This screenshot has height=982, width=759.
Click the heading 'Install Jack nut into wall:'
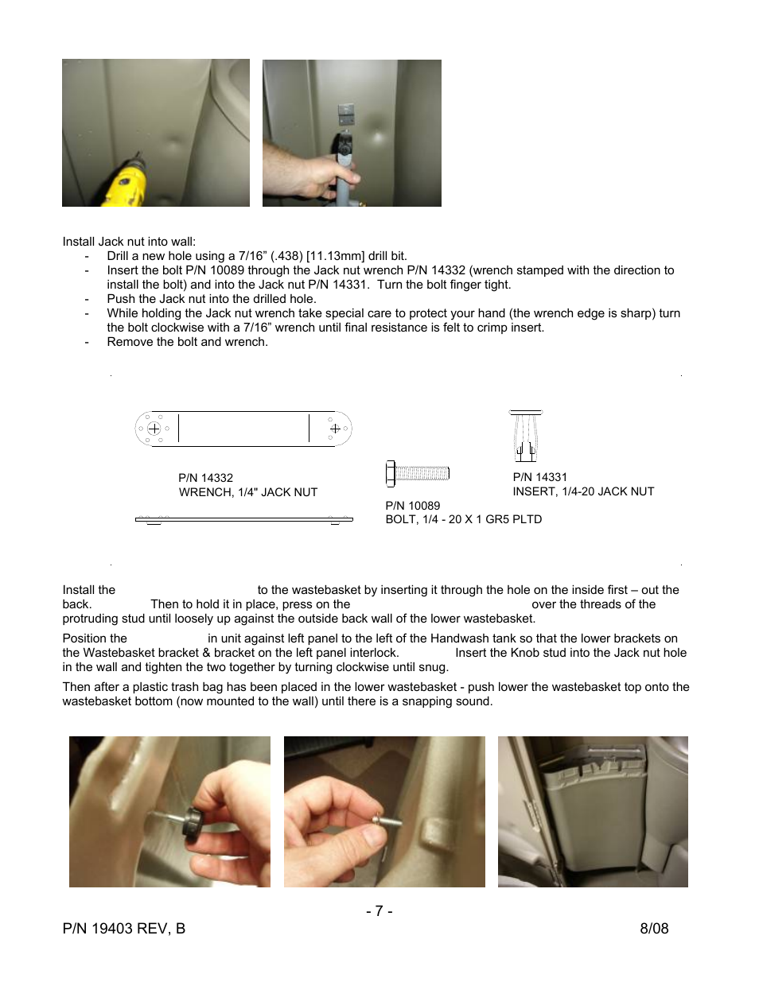[x=129, y=242]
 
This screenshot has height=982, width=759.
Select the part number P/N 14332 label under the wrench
[x=205, y=478]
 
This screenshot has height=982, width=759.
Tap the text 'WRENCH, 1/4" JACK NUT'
[x=247, y=492]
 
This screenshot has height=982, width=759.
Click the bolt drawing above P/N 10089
[x=418, y=474]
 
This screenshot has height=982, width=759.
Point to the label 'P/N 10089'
[x=412, y=506]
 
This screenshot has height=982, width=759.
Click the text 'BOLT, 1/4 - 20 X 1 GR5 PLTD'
[x=463, y=519]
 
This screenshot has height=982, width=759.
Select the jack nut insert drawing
[x=525, y=436]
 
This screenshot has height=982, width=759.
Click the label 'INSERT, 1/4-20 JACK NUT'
[x=583, y=491]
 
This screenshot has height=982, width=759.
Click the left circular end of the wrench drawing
[x=154, y=429]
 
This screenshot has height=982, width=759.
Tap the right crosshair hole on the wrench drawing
[x=335, y=429]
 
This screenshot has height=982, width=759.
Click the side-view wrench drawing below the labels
[x=243, y=520]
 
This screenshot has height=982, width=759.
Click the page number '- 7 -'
[x=379, y=911]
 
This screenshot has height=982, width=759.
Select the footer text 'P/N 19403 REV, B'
[x=123, y=929]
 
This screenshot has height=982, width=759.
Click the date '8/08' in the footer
[x=654, y=929]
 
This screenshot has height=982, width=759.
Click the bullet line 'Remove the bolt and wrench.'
[x=187, y=342]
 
